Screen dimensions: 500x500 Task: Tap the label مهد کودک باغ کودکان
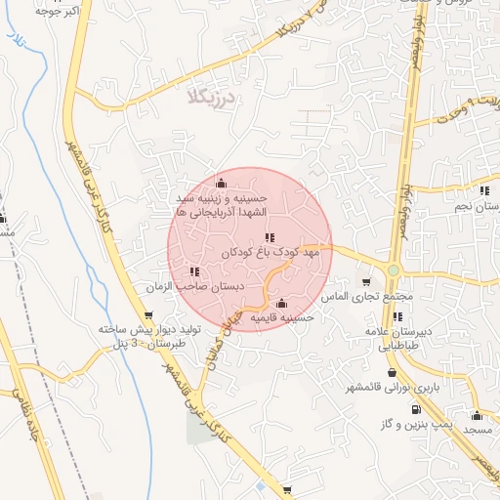271,252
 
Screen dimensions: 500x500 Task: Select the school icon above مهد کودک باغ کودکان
270,237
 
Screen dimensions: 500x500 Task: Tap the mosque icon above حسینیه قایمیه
282,303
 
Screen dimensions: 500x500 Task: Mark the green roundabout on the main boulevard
393,271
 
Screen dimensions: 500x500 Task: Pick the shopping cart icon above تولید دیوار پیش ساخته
148,315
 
